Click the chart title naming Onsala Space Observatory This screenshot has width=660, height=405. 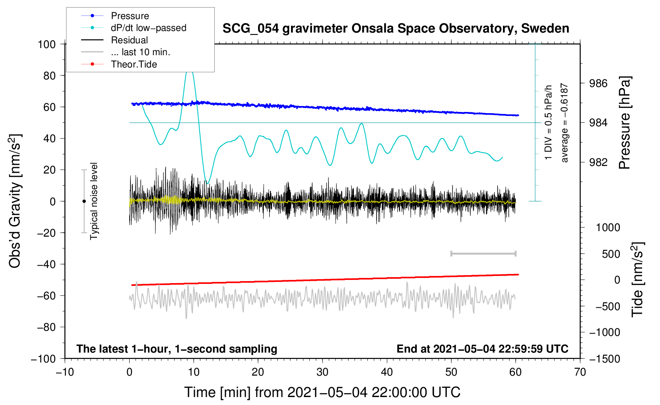(x=396, y=29)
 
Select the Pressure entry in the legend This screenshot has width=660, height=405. (x=130, y=15)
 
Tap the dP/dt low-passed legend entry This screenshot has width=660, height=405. (x=149, y=28)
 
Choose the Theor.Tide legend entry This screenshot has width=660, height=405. (x=134, y=64)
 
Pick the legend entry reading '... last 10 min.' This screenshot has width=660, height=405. (x=140, y=52)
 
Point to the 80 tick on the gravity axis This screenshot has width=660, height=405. (x=49, y=76)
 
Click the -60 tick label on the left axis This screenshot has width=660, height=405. (x=46, y=295)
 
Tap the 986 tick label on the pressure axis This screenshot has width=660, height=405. (x=598, y=83)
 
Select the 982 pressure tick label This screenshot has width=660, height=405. (x=598, y=162)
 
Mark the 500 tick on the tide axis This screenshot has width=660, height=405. (x=611, y=254)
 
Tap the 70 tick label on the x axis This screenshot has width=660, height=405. (x=580, y=372)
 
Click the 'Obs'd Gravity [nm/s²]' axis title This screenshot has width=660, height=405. (x=15, y=201)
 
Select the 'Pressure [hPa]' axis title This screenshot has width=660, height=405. (x=624, y=123)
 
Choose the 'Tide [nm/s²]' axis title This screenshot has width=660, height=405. (x=638, y=280)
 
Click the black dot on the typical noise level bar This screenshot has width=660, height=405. (x=84, y=201)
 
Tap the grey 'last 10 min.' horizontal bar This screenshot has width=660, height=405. (x=483, y=254)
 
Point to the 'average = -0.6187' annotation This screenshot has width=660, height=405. (x=564, y=123)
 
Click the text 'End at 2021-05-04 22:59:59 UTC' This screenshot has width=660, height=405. (x=482, y=349)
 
